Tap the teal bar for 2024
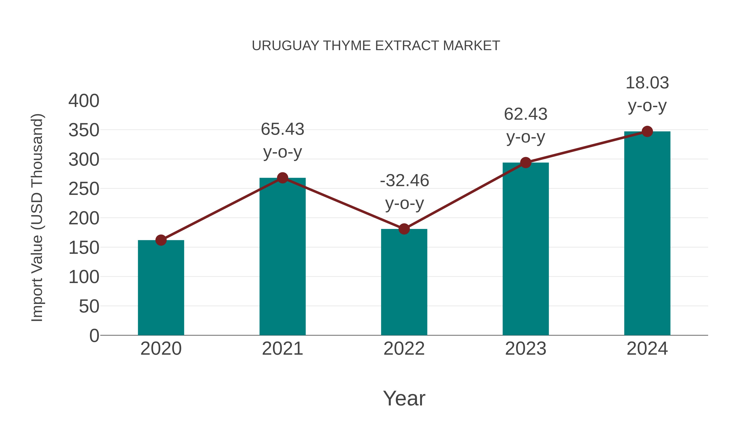coord(647,233)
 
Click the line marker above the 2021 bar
coord(282,178)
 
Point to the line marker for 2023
coord(526,163)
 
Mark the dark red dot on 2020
coord(161,240)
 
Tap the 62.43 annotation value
coord(526,114)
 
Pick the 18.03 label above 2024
coord(647,83)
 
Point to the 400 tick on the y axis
coord(84,101)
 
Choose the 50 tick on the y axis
coord(89,306)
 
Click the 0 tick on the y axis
coord(94,336)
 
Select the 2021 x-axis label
coord(282,349)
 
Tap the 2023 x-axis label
coord(526,349)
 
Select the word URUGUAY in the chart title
coord(286,46)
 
